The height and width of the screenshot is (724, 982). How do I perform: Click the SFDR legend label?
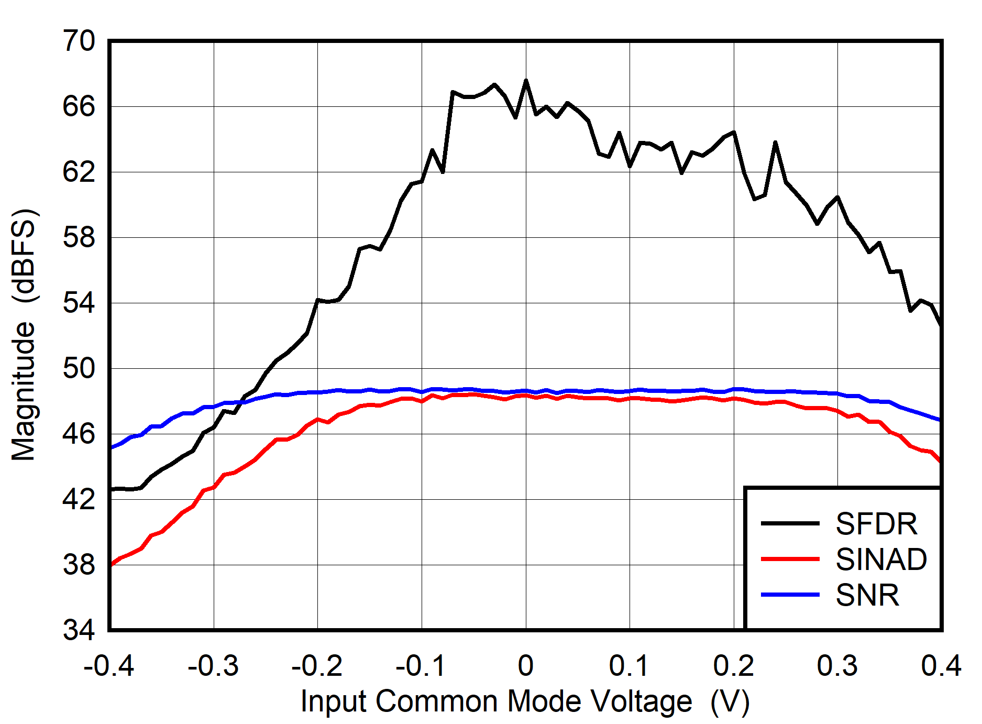coord(876,523)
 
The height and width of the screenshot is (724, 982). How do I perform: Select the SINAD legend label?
coord(881,559)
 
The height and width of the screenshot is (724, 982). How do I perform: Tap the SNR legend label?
coord(867,595)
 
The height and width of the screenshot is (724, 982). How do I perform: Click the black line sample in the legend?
coord(790,523)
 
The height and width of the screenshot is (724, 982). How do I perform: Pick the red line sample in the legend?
coord(790,559)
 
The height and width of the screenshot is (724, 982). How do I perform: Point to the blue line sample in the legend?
coord(790,595)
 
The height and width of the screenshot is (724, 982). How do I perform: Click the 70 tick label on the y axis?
coord(79,41)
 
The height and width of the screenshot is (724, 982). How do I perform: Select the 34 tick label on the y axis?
coord(79,630)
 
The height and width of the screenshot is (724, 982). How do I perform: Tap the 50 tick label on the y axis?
coord(79,368)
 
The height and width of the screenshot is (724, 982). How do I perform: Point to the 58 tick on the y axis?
coord(79,237)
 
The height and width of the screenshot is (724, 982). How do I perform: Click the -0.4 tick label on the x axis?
coord(109,666)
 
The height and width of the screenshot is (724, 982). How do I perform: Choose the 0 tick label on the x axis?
coord(525,666)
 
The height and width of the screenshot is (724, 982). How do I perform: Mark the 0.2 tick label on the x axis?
coord(733,666)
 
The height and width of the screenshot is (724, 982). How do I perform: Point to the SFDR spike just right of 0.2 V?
coord(775,142)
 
